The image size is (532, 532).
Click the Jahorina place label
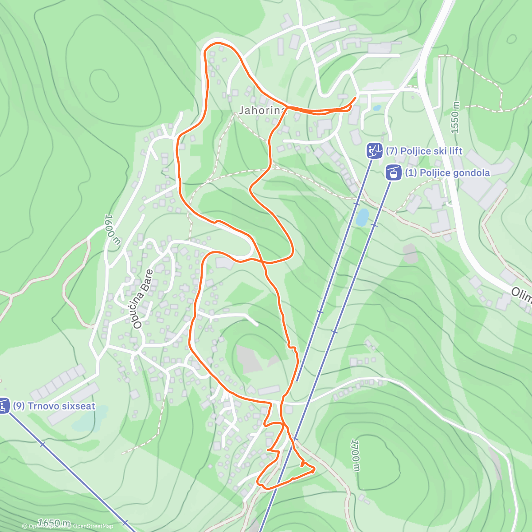coord(263,110)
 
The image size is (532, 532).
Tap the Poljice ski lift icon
coord(374,151)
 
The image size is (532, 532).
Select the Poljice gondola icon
coord(393,172)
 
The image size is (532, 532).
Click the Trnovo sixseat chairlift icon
coord(4,406)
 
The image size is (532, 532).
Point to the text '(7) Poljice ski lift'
coord(424,151)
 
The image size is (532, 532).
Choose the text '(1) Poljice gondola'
coord(447,173)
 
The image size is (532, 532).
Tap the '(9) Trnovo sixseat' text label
coord(54,406)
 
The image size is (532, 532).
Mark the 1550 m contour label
coord(455,118)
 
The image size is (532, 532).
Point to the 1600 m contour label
coord(113,229)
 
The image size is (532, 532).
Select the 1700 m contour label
coord(355,456)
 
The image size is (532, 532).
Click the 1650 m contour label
coord(54,523)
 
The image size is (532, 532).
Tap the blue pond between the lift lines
coord(362,217)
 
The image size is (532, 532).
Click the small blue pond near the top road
coord(376,108)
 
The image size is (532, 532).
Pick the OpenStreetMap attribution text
coord(93,526)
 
